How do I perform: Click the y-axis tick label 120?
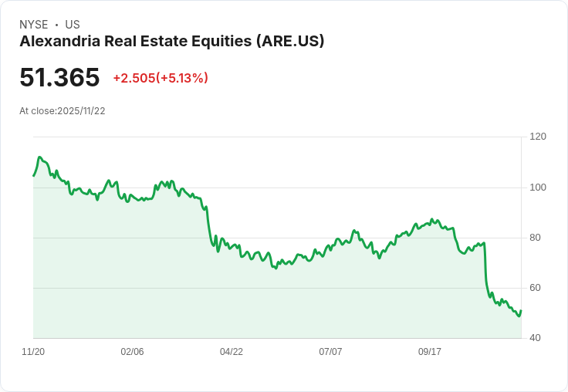538,137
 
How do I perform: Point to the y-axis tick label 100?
538,187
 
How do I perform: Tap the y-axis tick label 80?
536,238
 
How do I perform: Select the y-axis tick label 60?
536,288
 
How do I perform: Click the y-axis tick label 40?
536,338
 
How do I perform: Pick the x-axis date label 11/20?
33,352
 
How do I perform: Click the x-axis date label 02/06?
132,352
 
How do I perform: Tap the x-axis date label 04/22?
232,352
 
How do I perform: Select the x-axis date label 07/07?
330,352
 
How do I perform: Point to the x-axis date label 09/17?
430,352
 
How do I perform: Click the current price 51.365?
59,78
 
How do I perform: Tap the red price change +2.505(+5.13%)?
161,78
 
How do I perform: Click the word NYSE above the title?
34,25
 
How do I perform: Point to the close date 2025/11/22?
81,110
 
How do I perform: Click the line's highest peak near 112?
39,157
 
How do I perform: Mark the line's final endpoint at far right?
521,311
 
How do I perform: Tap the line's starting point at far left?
33,176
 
